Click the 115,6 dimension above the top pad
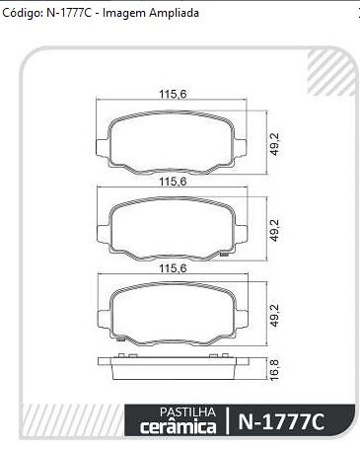[173, 95]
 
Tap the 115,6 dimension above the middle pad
[173, 182]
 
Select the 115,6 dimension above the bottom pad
[173, 268]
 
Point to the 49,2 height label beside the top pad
[274, 144]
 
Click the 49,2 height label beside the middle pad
[274, 230]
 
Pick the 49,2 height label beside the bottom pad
[274, 315]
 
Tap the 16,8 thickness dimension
[274, 370]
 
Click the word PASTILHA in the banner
[187, 412]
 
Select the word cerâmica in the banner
[179, 426]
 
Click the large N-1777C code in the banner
[281, 421]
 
